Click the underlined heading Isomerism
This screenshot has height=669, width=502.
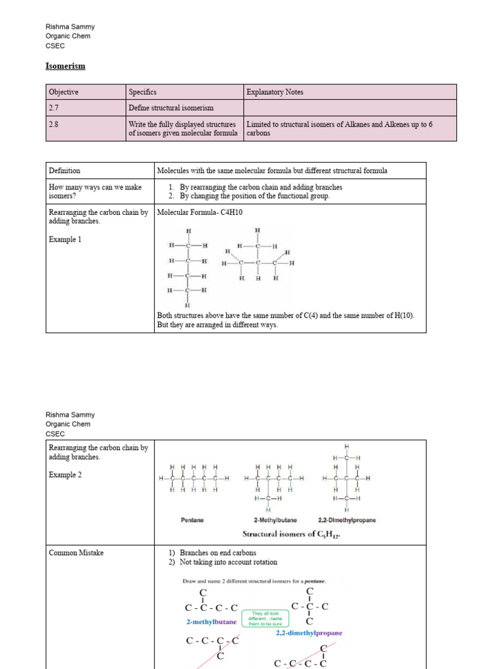[65, 66]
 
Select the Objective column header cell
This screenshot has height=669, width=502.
[64, 92]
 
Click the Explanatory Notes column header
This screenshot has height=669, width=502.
[275, 92]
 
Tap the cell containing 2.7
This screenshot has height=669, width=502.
[54, 107]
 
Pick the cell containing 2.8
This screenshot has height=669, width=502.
[54, 123]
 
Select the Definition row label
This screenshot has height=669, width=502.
[65, 171]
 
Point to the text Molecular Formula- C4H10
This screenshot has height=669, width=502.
[201, 212]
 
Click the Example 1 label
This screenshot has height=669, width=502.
[65, 240]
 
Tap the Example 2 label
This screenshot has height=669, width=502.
[65, 475]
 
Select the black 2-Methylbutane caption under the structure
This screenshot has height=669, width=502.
[275, 520]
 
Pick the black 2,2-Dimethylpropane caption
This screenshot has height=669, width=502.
[346, 520]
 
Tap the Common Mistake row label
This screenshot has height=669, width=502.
[76, 553]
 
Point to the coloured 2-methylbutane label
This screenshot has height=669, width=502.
[212, 622]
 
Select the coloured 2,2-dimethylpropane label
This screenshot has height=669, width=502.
[309, 633]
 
